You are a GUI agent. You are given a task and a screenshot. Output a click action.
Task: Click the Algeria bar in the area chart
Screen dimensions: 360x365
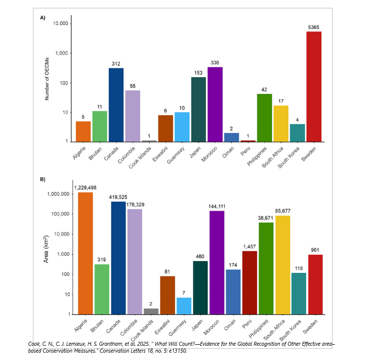pyautogui.click(x=86, y=253)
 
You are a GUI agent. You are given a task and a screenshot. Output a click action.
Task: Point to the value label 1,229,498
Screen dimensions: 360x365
pyautogui.click(x=86, y=187)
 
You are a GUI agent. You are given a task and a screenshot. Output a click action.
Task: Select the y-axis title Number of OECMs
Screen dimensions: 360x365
pyautogui.click(x=47, y=82)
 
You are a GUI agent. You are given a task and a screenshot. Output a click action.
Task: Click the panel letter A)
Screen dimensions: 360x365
pyautogui.click(x=43, y=18)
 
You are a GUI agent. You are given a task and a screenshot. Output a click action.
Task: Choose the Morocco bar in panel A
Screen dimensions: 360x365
pyautogui.click(x=215, y=104)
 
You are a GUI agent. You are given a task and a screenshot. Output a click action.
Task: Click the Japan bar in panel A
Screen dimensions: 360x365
pyautogui.click(x=199, y=109)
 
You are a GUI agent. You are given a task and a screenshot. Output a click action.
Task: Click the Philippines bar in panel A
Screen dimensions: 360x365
pyautogui.click(x=265, y=118)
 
